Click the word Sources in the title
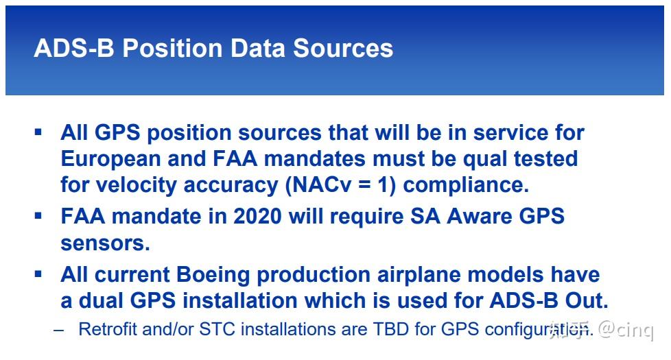(343, 48)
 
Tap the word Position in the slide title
(172, 48)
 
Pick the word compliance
(466, 186)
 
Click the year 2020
(257, 216)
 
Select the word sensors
(105, 243)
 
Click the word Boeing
(213, 274)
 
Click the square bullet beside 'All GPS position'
(38, 132)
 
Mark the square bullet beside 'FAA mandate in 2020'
(38, 215)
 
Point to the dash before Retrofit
(59, 331)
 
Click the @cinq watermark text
(626, 330)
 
